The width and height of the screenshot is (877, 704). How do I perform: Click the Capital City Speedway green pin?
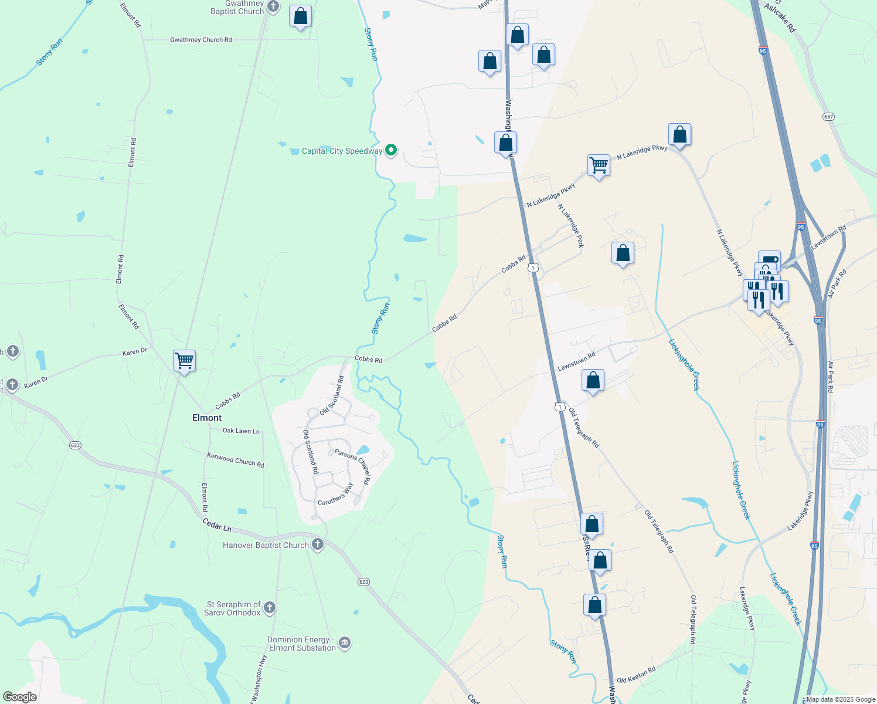[391, 150]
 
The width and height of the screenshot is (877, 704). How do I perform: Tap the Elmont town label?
[207, 418]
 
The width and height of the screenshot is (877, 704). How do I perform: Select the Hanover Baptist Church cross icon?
[318, 544]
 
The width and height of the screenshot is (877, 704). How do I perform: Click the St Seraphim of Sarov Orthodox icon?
[270, 608]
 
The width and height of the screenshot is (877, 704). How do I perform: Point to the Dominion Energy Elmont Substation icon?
[345, 643]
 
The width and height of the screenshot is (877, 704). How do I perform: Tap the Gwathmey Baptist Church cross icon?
[273, 7]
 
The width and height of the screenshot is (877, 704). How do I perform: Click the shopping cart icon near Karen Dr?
[184, 360]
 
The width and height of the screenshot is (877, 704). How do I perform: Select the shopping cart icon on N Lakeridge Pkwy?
[599, 165]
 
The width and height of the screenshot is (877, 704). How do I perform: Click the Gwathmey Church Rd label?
[200, 40]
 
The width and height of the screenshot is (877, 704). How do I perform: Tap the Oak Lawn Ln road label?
[241, 431]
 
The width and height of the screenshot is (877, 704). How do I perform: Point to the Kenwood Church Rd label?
[235, 460]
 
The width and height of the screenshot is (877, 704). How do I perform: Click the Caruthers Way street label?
[336, 495]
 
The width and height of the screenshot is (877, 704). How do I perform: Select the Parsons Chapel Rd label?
[352, 467]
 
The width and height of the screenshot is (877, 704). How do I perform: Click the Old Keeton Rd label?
[635, 675]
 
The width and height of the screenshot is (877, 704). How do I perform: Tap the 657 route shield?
[828, 117]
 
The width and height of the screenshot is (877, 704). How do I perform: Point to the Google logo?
[19, 696]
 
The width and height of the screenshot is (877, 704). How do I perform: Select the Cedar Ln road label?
[217, 524]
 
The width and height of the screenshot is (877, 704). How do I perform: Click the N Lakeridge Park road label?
[570, 226]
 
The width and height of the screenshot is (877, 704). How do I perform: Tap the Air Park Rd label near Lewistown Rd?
[837, 283]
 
